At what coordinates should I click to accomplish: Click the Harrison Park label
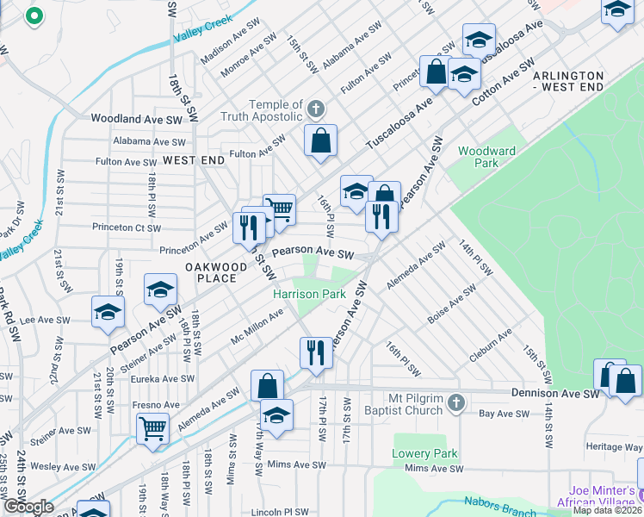tap(309, 295)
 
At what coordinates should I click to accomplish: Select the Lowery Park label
tap(424, 454)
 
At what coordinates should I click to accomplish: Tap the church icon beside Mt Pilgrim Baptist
tap(456, 402)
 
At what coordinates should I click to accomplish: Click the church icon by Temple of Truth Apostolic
tap(317, 109)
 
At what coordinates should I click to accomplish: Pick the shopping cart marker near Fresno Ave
tap(152, 427)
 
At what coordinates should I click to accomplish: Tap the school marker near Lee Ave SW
tap(108, 312)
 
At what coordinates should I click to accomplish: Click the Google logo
tap(28, 507)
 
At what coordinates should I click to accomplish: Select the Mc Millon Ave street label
tap(257, 327)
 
